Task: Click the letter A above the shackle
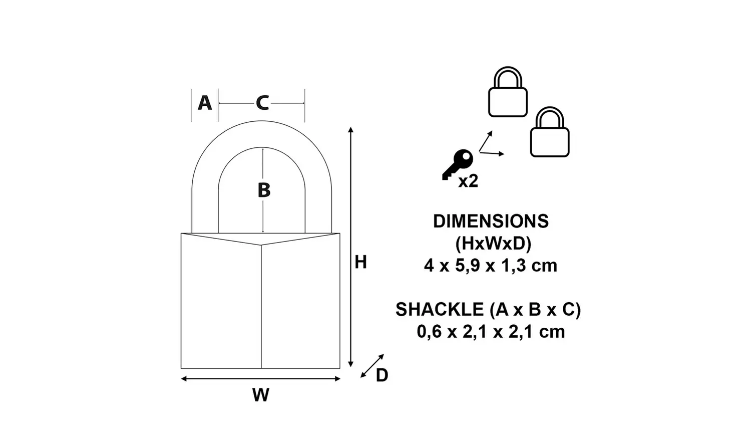(x=205, y=103)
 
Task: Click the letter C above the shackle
(x=262, y=103)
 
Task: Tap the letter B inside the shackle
(x=264, y=190)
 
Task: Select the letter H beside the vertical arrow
(x=360, y=262)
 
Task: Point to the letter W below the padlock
(x=260, y=395)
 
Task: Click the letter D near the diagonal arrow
(x=382, y=375)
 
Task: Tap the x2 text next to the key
(x=468, y=181)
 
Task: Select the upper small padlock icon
(x=508, y=92)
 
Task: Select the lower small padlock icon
(x=550, y=132)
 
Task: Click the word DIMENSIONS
(x=491, y=221)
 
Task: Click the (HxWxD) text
(x=493, y=243)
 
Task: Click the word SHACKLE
(x=439, y=310)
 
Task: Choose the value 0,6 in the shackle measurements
(x=429, y=332)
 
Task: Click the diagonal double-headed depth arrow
(x=372, y=366)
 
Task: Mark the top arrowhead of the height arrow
(x=351, y=130)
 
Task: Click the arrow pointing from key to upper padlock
(x=486, y=141)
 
